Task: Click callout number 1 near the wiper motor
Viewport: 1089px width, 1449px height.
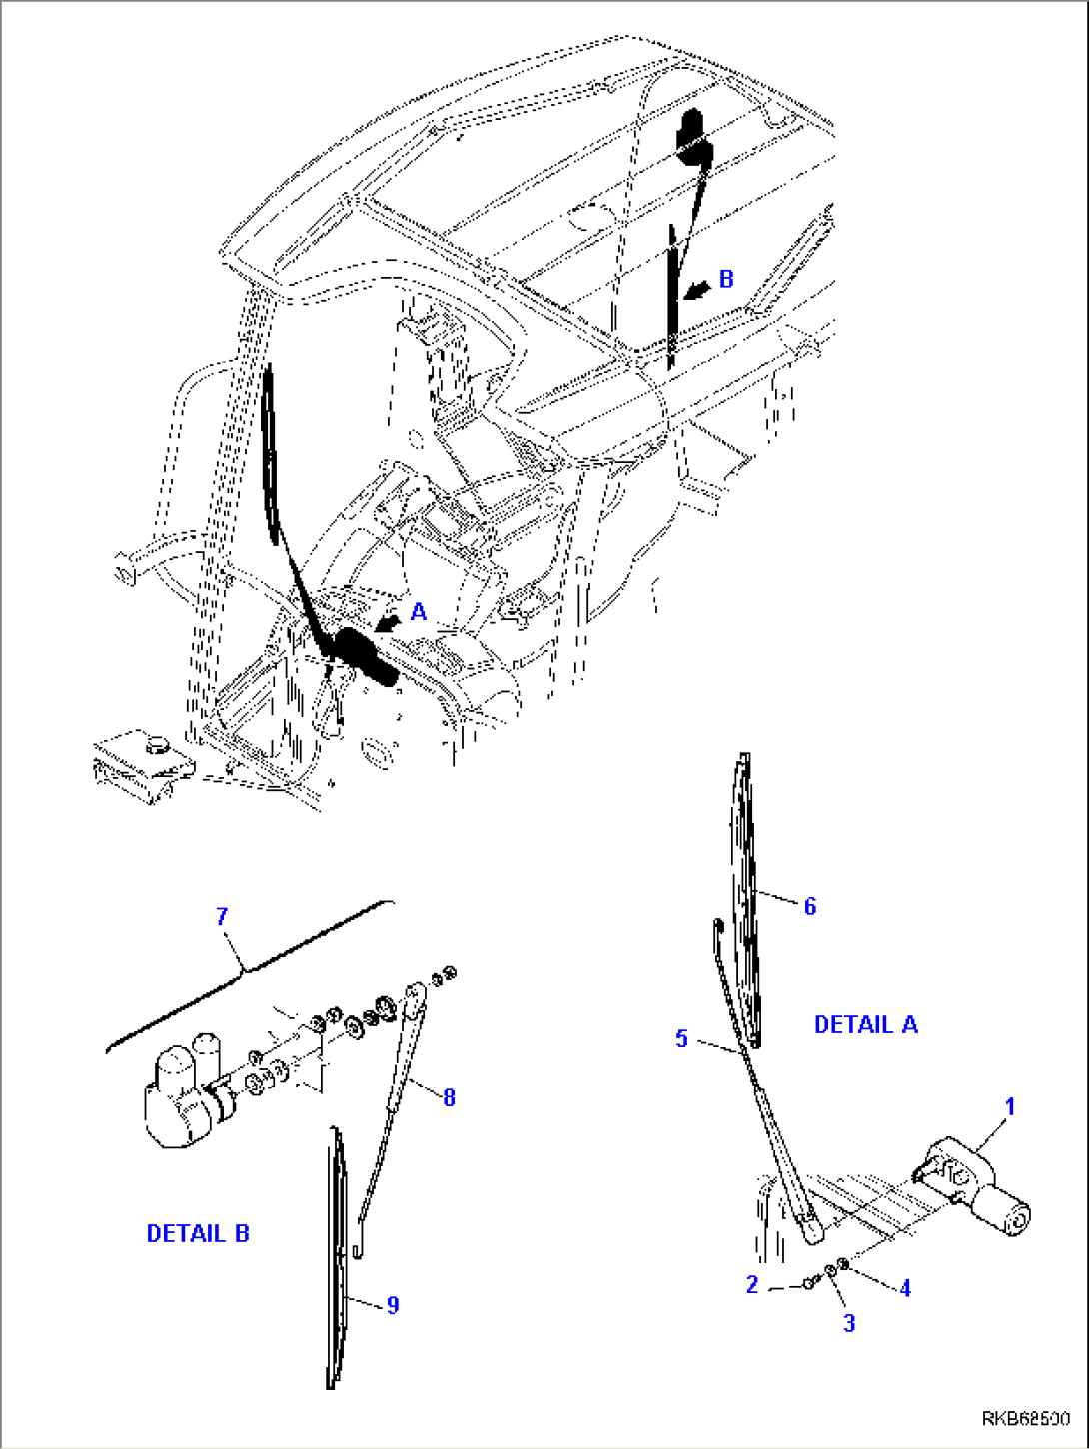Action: click(x=1009, y=1106)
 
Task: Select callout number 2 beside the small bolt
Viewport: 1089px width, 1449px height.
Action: click(x=752, y=1285)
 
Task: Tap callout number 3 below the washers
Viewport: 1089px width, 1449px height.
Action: click(x=849, y=1323)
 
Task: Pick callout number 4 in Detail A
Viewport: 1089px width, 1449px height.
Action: click(x=905, y=1288)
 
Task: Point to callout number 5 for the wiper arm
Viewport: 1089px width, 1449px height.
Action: click(x=681, y=1038)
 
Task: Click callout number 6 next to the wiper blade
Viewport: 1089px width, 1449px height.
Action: click(x=810, y=906)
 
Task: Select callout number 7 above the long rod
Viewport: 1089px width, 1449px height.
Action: click(x=222, y=916)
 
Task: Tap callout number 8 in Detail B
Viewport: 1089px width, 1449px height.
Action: click(x=449, y=1097)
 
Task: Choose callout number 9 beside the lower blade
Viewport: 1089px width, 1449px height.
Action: click(x=393, y=1305)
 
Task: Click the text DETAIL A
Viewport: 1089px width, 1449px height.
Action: click(x=865, y=1024)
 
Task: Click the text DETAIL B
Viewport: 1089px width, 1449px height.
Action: click(x=198, y=1233)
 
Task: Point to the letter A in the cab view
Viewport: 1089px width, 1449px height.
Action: click(x=419, y=612)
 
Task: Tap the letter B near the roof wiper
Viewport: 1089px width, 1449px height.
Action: click(x=726, y=279)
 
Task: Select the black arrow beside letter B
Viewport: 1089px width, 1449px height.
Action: click(x=699, y=288)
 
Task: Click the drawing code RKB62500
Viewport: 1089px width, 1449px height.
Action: click(x=1025, y=1419)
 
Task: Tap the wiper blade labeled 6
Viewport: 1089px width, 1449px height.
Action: click(x=745, y=899)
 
